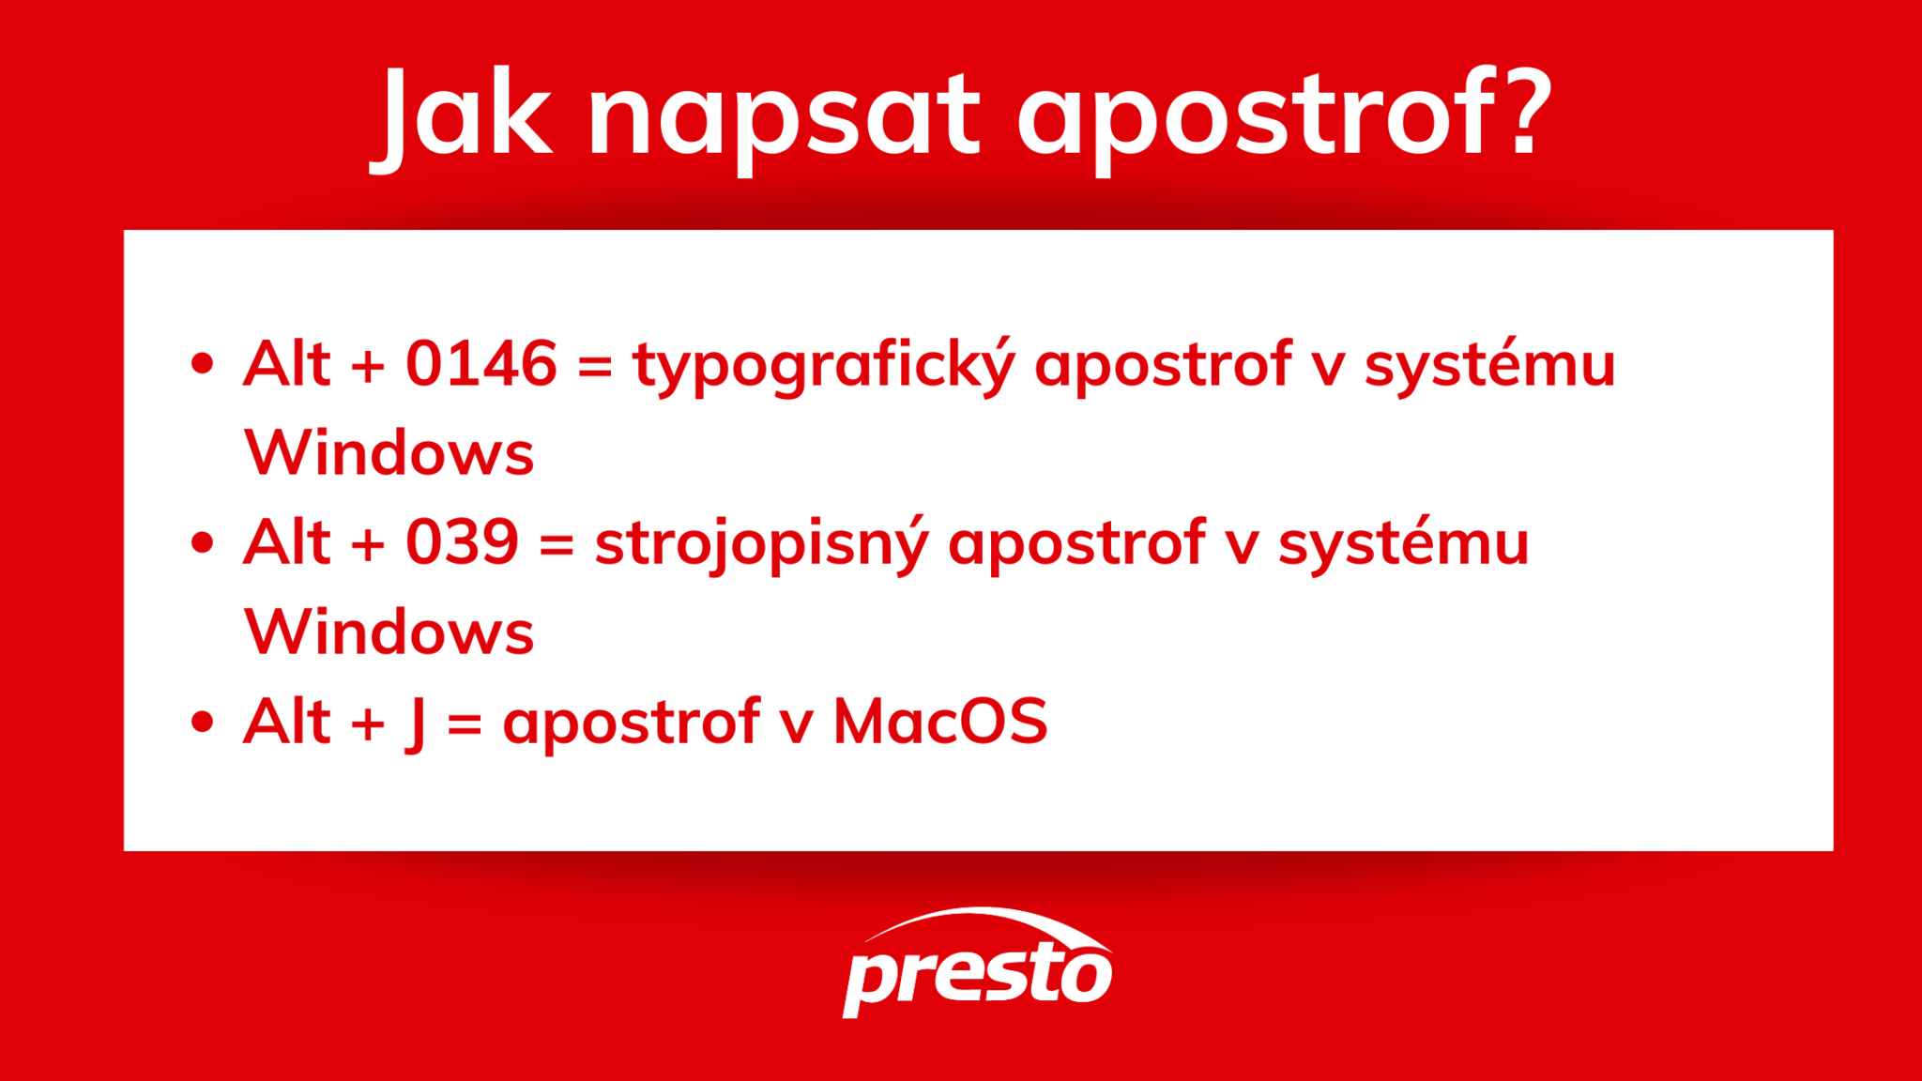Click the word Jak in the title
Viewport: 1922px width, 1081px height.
[465, 114]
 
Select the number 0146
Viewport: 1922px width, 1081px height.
[481, 363]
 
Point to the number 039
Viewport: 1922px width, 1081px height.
[462, 541]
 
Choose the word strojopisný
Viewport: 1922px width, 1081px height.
[761, 544]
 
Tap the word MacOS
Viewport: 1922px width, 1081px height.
[940, 722]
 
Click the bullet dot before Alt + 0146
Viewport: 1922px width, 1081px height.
[202, 363]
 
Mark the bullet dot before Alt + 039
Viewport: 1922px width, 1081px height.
[202, 542]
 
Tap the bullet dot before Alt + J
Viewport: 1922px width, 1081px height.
[202, 722]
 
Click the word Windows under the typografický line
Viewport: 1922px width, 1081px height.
[389, 453]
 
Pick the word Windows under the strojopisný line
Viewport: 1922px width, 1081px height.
[389, 632]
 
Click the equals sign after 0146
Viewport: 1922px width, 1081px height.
[595, 365]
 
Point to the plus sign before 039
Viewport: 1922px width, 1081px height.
[368, 543]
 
